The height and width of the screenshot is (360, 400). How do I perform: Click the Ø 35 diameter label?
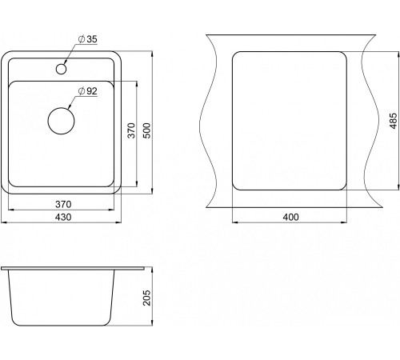88,39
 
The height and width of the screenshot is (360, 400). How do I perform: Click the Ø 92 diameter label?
87,91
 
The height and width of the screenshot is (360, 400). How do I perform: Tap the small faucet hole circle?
61,69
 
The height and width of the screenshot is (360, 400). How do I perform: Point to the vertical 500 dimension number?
147,130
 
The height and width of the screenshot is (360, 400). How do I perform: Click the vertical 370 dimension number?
131,130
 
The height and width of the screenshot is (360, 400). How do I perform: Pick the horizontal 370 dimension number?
63,204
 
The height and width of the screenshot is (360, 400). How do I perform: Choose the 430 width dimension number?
63,217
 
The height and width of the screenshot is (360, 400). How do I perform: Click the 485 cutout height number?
394,121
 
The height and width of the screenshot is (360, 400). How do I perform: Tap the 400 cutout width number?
290,217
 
